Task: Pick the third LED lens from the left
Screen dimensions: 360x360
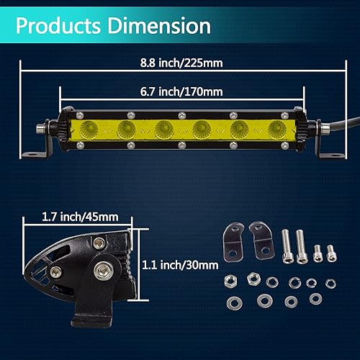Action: click(x=165, y=130)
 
